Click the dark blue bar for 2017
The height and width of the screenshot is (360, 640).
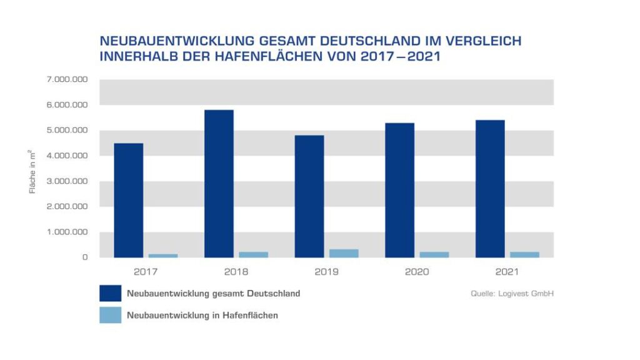(128, 200)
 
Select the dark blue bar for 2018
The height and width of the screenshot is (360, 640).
(219, 184)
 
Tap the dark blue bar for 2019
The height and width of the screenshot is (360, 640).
(309, 196)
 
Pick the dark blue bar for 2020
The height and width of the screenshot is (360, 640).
(399, 190)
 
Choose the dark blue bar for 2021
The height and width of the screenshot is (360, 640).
(490, 189)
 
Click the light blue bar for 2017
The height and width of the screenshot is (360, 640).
(163, 256)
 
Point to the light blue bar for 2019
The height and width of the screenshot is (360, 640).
(344, 253)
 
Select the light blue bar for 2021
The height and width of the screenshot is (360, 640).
(525, 254)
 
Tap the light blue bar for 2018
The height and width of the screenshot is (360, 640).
(253, 254)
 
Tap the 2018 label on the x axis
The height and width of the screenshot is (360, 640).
(236, 271)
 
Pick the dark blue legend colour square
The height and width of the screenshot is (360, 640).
(110, 293)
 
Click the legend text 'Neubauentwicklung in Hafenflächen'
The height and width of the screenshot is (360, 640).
(202, 316)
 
